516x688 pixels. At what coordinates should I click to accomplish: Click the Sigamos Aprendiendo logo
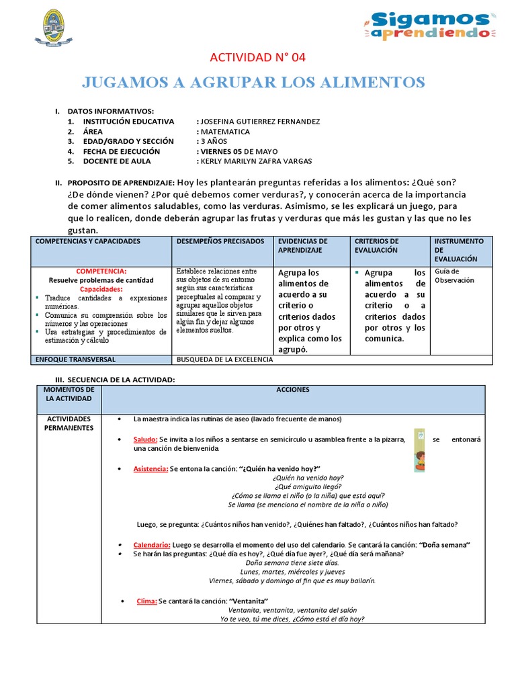(430, 26)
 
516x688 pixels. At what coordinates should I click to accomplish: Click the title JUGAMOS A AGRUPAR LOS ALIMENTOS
(253, 82)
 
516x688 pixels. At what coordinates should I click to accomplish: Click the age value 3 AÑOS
(214, 142)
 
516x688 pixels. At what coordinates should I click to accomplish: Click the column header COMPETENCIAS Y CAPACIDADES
(87, 241)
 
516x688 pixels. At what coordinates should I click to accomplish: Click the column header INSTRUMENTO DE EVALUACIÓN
(459, 249)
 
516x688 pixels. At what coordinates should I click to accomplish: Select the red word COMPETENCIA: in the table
(101, 271)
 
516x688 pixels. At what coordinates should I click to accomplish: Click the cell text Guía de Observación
(454, 275)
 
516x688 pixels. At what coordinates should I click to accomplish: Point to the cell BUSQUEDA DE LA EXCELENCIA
(224, 359)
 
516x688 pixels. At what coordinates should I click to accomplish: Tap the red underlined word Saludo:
(146, 439)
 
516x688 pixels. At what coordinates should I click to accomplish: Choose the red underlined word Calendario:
(152, 544)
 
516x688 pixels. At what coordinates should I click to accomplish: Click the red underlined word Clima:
(146, 601)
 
